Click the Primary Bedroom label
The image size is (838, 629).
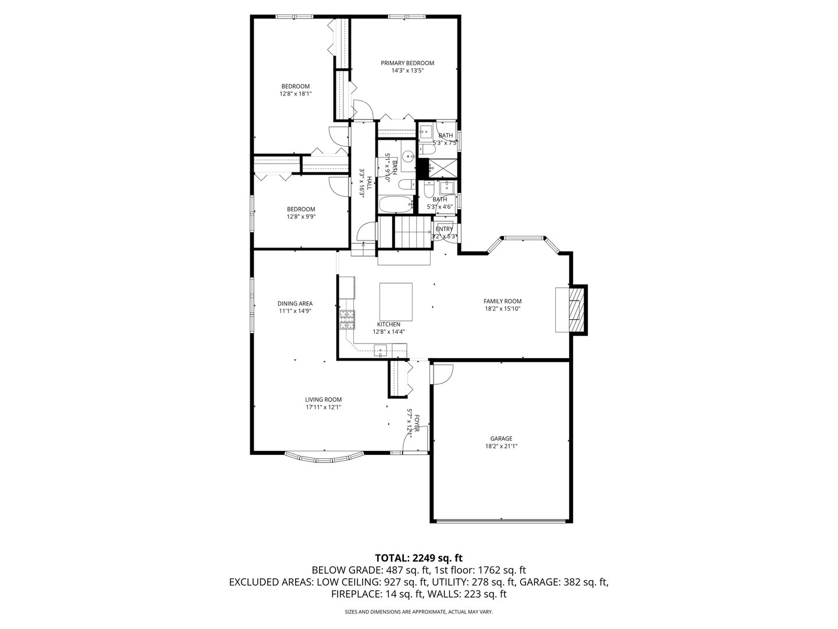pyautogui.click(x=407, y=63)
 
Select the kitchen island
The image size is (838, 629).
pyautogui.click(x=396, y=301)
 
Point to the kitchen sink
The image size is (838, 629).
pyautogui.click(x=380, y=351)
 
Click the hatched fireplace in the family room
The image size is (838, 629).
pyautogui.click(x=576, y=310)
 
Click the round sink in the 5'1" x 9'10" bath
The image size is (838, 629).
pyautogui.click(x=409, y=156)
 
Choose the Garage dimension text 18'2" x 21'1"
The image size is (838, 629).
pyautogui.click(x=501, y=447)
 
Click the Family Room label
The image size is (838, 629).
pyautogui.click(x=502, y=301)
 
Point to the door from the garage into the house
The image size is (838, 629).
pyautogui.click(x=442, y=373)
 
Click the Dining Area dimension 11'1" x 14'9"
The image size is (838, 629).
pyautogui.click(x=294, y=311)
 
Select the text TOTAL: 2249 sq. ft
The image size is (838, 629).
pyautogui.click(x=418, y=557)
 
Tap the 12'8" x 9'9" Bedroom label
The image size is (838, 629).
pyautogui.click(x=301, y=210)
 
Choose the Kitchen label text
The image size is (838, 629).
pyautogui.click(x=388, y=324)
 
